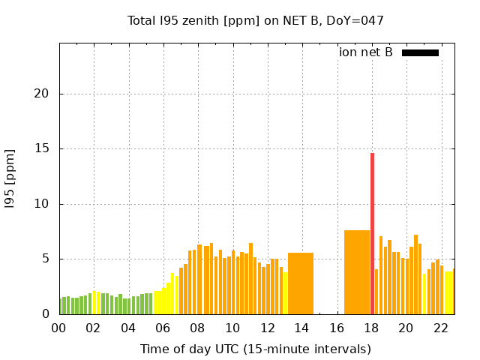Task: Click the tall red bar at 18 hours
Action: tap(372, 233)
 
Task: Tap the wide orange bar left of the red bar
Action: tap(357, 272)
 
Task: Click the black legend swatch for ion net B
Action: tap(420, 52)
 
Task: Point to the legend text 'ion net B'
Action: tap(366, 52)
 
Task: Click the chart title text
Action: tap(256, 20)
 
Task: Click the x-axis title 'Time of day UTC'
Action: tap(255, 349)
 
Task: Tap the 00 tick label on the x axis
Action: tap(58, 328)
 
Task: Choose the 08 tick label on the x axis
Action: tap(197, 328)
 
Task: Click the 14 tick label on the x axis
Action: tap(301, 328)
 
